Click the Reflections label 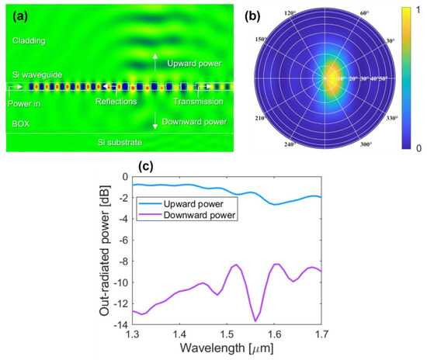coord(116,102)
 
